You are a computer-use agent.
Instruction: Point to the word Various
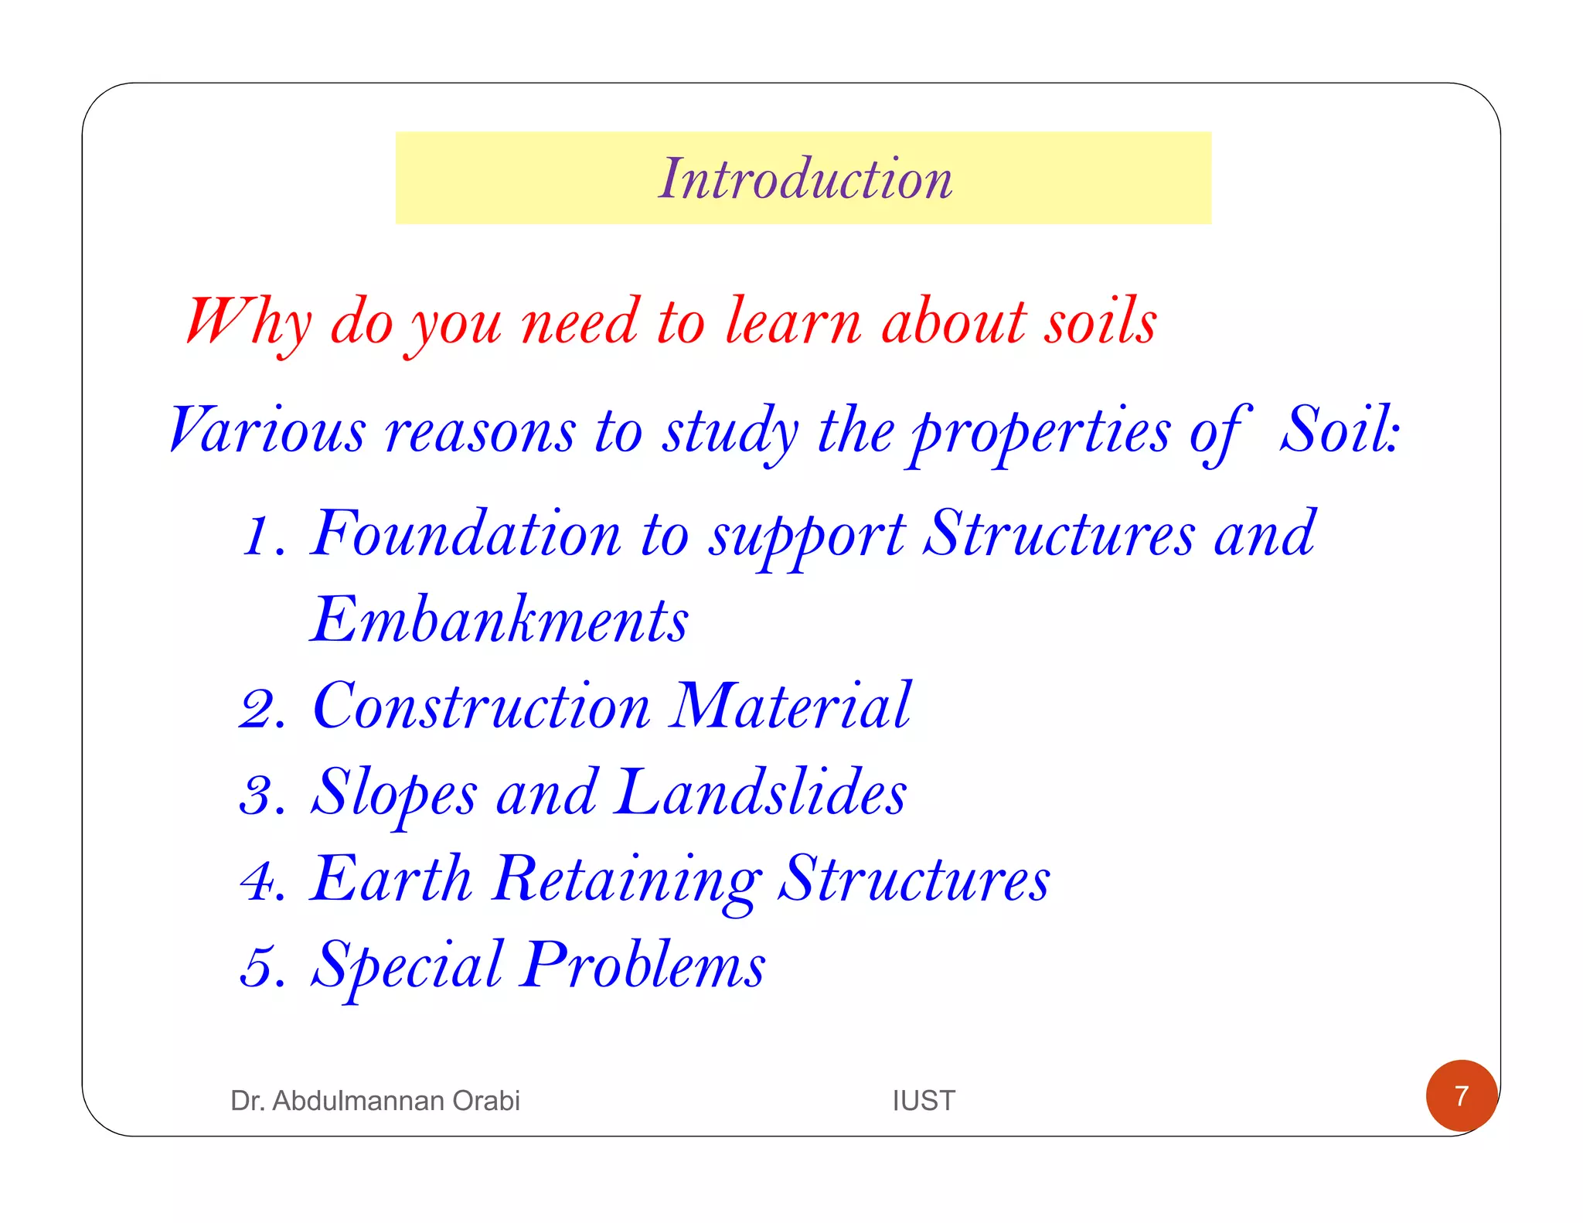[x=267, y=430]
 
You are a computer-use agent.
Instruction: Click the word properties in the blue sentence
[x=1040, y=431]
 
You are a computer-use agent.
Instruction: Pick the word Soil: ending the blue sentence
[x=1340, y=430]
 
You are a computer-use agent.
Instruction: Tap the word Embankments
[x=499, y=620]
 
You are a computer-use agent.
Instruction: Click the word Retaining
[x=627, y=880]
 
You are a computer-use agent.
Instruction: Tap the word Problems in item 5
[x=642, y=966]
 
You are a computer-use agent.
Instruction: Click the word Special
[x=407, y=966]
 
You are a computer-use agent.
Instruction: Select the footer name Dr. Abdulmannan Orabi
[x=375, y=1100]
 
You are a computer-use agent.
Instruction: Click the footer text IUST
[x=924, y=1100]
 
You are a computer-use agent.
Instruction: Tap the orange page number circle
[x=1461, y=1095]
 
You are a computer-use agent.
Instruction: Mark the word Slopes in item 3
[x=394, y=794]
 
